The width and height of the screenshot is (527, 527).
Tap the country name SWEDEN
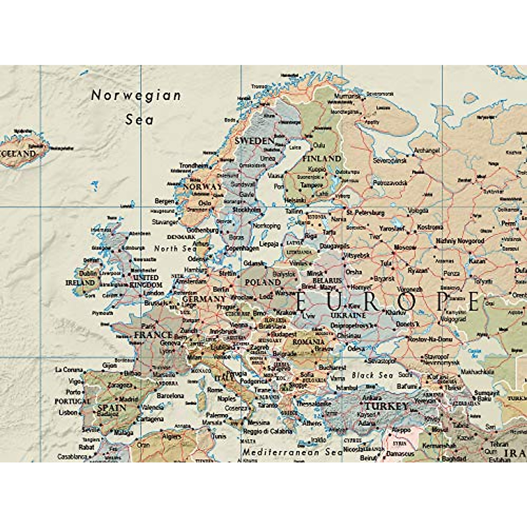[x=254, y=141]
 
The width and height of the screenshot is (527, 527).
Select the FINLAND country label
[x=321, y=158]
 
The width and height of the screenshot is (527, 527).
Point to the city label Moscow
[x=404, y=248]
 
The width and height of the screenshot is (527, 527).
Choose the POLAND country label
[x=263, y=282]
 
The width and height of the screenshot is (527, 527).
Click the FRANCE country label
[x=153, y=335]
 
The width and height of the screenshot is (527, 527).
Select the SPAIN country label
[x=112, y=408]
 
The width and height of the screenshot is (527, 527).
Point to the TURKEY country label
[x=386, y=406]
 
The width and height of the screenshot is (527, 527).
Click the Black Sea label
[x=372, y=375]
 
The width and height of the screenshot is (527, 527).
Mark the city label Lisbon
[x=68, y=413]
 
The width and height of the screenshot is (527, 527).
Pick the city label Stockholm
[x=246, y=210]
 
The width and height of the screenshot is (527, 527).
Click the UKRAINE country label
[x=348, y=315]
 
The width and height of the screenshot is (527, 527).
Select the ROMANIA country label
[x=308, y=342]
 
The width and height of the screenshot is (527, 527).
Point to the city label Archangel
[x=426, y=150]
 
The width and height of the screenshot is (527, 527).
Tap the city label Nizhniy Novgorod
[x=460, y=241]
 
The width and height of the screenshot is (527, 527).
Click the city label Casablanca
[x=72, y=457]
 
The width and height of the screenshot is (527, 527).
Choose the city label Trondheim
[x=194, y=166]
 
